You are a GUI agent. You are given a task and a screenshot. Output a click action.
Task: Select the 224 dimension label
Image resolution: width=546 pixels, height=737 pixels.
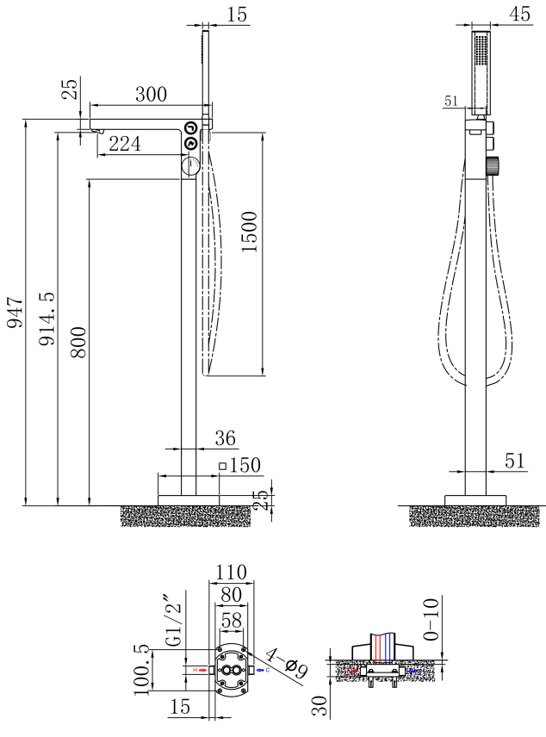click(125, 145)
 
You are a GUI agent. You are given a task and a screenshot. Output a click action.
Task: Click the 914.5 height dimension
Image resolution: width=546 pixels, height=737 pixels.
click(47, 317)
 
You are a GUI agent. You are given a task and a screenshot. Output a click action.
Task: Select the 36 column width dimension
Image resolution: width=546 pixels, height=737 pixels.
click(225, 438)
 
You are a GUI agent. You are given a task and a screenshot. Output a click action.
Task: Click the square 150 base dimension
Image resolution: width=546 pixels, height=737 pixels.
click(239, 466)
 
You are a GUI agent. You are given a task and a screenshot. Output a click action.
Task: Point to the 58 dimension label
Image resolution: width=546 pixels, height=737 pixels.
click(232, 620)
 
